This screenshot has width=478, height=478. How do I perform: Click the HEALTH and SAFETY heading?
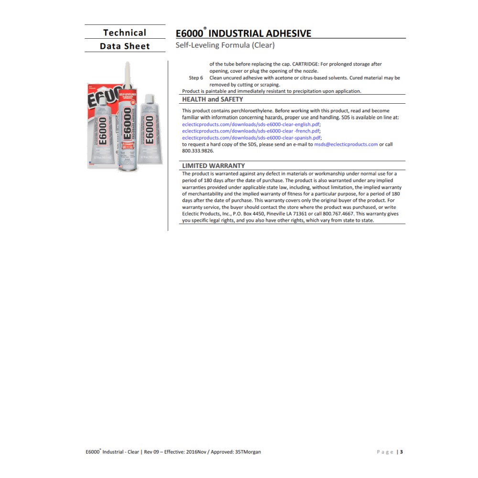213,99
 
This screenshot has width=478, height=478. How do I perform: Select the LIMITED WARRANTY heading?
213,166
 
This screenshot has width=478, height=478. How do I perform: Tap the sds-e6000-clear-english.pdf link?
251,124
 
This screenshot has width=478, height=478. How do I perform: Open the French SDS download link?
251,130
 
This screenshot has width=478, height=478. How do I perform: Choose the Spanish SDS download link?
251,138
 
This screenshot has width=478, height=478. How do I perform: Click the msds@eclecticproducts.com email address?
346,144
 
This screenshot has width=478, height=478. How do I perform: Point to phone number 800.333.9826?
198,151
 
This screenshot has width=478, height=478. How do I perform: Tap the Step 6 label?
196,77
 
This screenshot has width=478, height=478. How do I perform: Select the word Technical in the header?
125,33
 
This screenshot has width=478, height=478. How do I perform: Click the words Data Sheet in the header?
125,46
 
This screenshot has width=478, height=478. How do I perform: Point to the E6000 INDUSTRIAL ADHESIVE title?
243,33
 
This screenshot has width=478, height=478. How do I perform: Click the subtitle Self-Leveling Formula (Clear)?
225,45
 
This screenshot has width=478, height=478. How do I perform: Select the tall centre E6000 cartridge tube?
128,129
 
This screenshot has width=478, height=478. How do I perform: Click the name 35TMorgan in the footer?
248,452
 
